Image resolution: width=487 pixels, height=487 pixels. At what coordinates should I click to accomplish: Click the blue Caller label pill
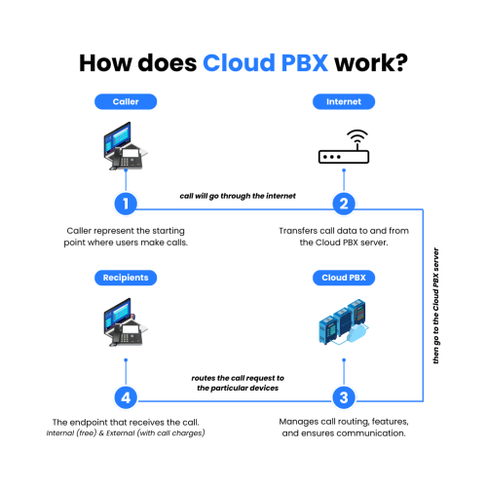pyautogui.click(x=124, y=101)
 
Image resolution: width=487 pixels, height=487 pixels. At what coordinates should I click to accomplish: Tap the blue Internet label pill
pyautogui.click(x=343, y=101)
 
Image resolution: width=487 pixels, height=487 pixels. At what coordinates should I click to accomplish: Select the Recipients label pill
pyautogui.click(x=124, y=278)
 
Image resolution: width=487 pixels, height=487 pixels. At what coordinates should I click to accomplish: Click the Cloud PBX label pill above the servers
pyautogui.click(x=343, y=278)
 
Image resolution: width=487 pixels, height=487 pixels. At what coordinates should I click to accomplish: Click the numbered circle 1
pyautogui.click(x=124, y=205)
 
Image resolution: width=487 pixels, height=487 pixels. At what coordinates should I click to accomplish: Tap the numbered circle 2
pyautogui.click(x=343, y=205)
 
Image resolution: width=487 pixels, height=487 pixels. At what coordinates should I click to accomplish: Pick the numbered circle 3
pyautogui.click(x=343, y=397)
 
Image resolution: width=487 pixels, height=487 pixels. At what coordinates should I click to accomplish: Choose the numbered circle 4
pyautogui.click(x=124, y=397)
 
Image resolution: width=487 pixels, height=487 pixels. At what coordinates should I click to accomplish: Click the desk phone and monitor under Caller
pyautogui.click(x=124, y=146)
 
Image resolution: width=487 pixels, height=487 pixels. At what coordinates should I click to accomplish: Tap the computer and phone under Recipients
pyautogui.click(x=124, y=326)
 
